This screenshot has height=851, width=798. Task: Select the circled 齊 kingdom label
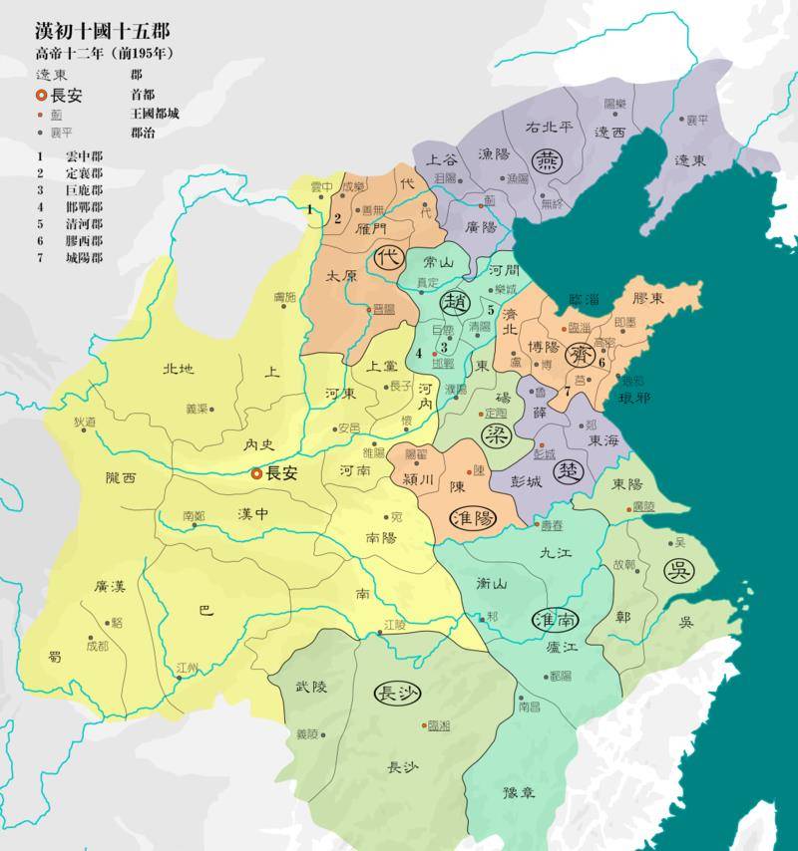pyautogui.click(x=580, y=356)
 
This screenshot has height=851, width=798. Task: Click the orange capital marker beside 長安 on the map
pyautogui.click(x=256, y=474)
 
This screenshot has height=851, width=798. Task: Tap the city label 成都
pyautogui.click(x=97, y=646)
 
